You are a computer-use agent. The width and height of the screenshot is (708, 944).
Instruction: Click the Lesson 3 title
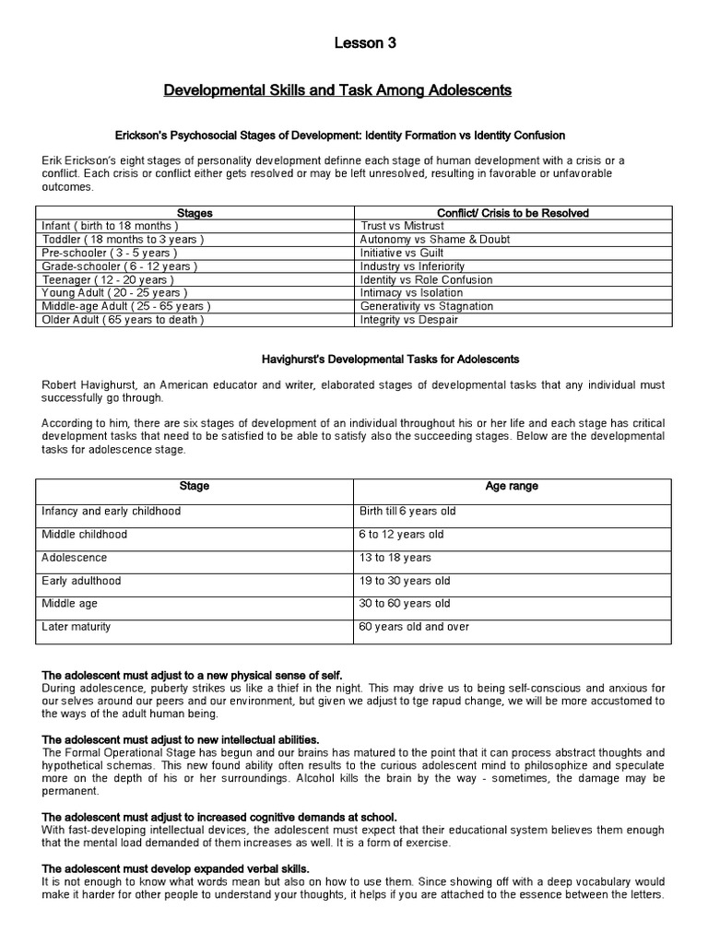(353, 42)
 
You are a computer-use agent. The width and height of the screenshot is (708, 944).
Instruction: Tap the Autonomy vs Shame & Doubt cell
(423, 239)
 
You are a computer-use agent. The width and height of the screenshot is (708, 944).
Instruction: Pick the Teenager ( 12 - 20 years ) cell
(108, 279)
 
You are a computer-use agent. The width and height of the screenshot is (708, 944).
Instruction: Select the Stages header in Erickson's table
(194, 213)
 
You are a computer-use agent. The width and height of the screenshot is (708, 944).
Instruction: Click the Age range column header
(512, 486)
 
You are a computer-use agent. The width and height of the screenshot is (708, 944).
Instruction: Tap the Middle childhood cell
(85, 534)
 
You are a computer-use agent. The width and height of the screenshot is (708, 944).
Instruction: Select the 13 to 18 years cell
(395, 558)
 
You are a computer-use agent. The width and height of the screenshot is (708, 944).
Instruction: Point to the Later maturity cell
(77, 627)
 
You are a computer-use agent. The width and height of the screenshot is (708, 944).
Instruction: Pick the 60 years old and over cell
(415, 627)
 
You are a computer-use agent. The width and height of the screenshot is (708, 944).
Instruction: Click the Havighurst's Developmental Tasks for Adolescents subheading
(386, 359)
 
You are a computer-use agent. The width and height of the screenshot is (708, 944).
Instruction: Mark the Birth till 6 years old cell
(407, 511)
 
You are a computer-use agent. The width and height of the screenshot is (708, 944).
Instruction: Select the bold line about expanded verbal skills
(176, 869)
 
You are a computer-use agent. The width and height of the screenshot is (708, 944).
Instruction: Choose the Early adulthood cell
(81, 581)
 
